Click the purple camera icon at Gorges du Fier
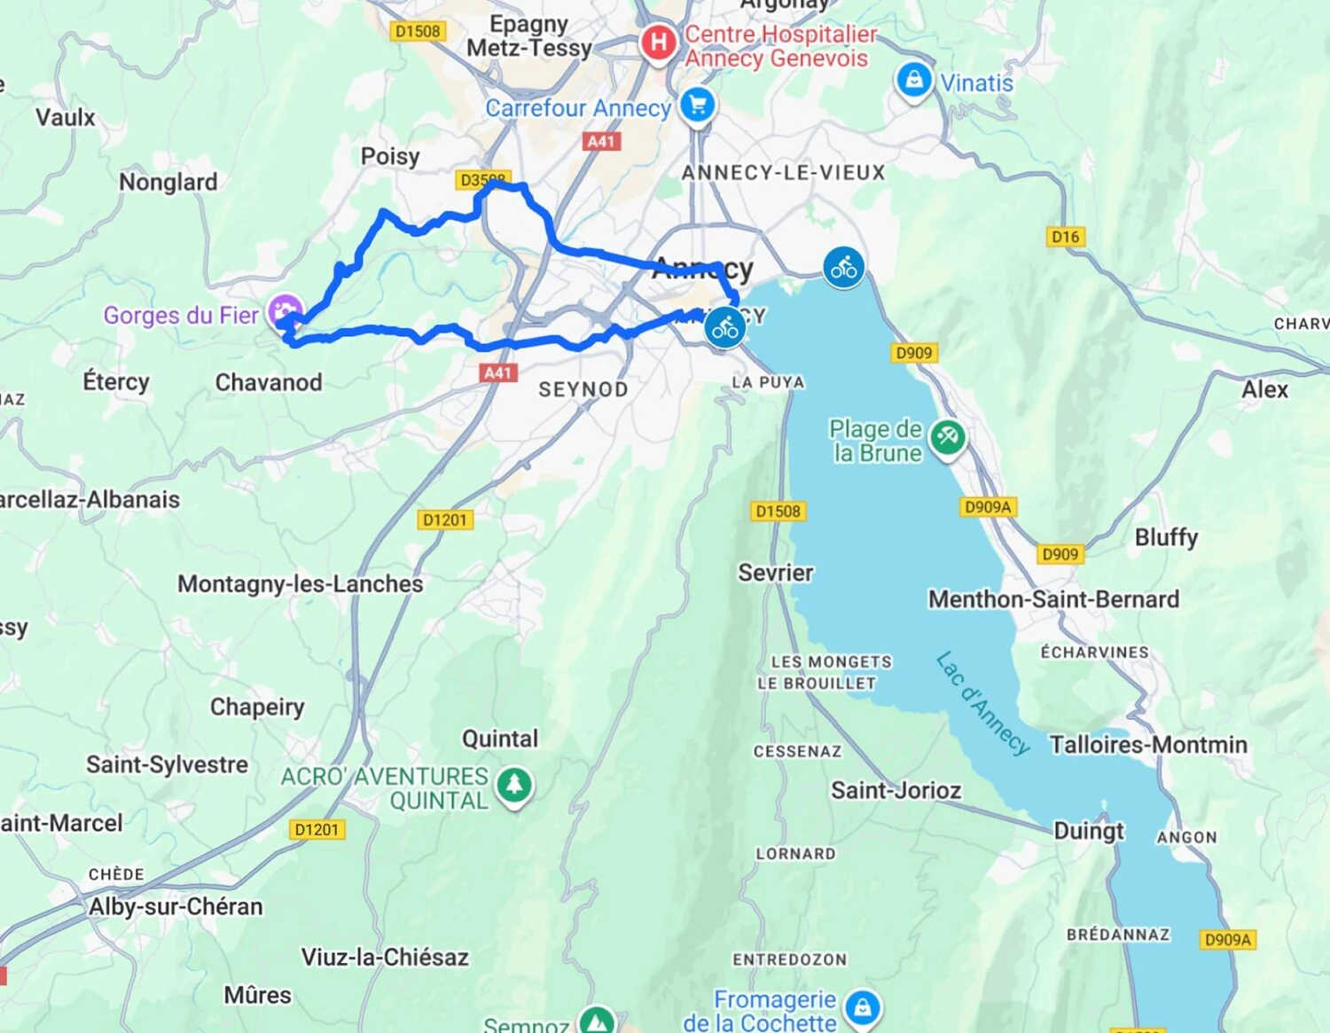click(285, 311)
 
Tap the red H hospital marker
click(658, 42)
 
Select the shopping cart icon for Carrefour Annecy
click(698, 106)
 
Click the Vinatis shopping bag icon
click(913, 81)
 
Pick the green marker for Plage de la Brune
click(947, 436)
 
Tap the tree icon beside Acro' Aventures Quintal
click(514, 785)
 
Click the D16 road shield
click(1065, 237)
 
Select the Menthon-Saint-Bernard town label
click(1053, 599)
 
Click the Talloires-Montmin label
click(1148, 745)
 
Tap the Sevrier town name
click(776, 573)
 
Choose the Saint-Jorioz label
click(896, 790)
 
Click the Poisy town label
click(390, 157)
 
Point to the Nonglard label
click(168, 182)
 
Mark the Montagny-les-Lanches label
click(301, 584)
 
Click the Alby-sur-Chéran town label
click(176, 906)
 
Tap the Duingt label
click(1088, 831)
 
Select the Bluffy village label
click(1166, 537)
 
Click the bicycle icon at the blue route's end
click(725, 329)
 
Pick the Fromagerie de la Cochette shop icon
click(862, 1007)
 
